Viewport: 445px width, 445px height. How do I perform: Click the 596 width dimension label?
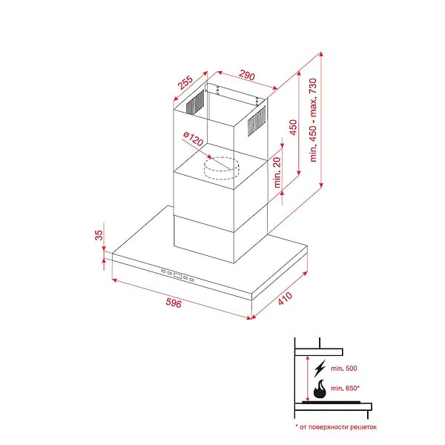tap(174, 303)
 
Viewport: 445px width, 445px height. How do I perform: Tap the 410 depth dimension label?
tap(285, 298)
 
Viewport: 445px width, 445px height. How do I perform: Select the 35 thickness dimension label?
tap(99, 235)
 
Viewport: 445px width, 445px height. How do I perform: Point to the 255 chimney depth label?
tap(185, 82)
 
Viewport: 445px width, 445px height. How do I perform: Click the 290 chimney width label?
tap(247, 75)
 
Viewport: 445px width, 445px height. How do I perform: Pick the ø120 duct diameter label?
tap(194, 139)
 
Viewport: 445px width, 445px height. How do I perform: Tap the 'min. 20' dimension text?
tap(277, 172)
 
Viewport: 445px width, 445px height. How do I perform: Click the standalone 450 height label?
tap(293, 127)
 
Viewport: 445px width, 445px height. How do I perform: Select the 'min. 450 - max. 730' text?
tap(313, 120)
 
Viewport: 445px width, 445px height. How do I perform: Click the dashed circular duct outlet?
tap(222, 168)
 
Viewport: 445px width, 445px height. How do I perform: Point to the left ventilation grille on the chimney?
tap(195, 102)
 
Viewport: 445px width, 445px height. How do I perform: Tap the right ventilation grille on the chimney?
tap(257, 121)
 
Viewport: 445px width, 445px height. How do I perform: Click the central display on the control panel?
tap(178, 275)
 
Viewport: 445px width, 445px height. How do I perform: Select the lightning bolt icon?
tap(320, 369)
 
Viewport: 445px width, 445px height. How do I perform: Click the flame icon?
tap(320, 389)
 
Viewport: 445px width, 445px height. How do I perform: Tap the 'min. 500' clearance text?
tap(344, 369)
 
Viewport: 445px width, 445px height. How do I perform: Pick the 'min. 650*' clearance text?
tap(345, 388)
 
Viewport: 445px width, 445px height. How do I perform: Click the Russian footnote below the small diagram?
tap(336, 427)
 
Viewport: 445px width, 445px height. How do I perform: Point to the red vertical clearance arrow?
tap(307, 379)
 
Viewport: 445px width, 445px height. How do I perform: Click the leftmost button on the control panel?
tap(163, 271)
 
